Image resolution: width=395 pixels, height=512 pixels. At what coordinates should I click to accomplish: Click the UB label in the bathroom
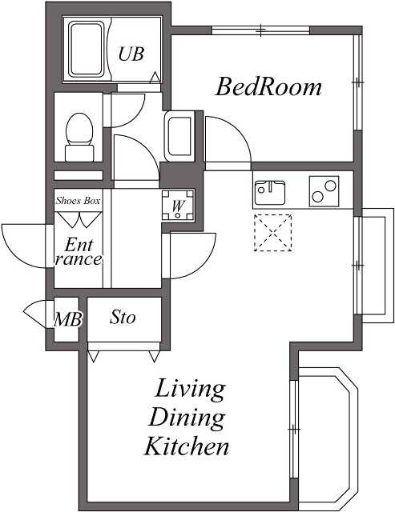point(131,54)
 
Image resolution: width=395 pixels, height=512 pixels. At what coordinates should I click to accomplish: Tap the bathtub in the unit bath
point(87,50)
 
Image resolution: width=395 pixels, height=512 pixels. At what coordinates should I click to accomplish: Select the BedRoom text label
point(268,87)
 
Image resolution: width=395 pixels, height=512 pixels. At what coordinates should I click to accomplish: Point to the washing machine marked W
point(178,206)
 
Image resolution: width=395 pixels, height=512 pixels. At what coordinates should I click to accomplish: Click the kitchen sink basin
point(270,193)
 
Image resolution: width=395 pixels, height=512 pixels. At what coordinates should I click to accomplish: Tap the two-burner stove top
point(324,191)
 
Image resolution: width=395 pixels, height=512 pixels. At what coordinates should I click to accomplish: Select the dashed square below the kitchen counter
point(273,233)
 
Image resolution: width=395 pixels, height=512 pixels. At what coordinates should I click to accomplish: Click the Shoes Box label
point(78,200)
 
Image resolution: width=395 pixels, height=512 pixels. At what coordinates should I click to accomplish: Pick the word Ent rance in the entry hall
point(79,252)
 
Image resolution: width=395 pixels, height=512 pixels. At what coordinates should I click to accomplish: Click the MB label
point(67,319)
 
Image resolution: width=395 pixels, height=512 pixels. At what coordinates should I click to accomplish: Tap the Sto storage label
point(123,317)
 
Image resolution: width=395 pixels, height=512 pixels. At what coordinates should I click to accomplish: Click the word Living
point(190,390)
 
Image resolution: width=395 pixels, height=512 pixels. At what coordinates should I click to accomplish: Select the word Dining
point(187,418)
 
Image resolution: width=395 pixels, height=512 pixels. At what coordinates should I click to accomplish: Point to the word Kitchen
point(187,446)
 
